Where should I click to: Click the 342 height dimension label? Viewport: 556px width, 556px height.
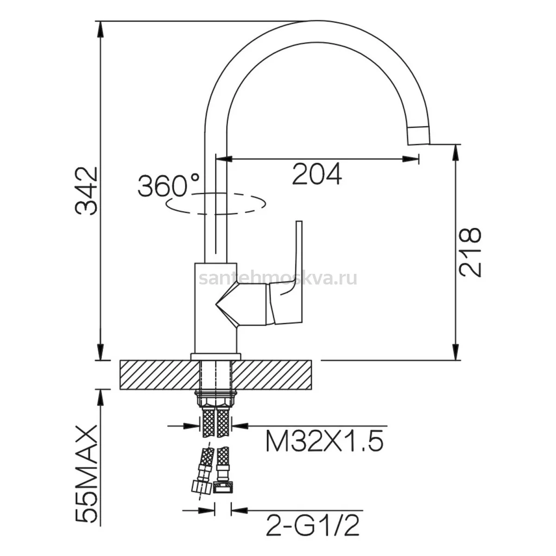pyautogui.click(x=86, y=191)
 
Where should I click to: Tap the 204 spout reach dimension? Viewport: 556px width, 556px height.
pyautogui.click(x=317, y=174)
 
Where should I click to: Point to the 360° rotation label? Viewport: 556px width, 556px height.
pyautogui.click(x=169, y=185)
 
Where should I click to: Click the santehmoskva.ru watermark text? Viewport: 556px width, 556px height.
pyautogui.click(x=278, y=278)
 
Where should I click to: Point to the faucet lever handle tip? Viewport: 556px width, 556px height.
pyautogui.click(x=299, y=222)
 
